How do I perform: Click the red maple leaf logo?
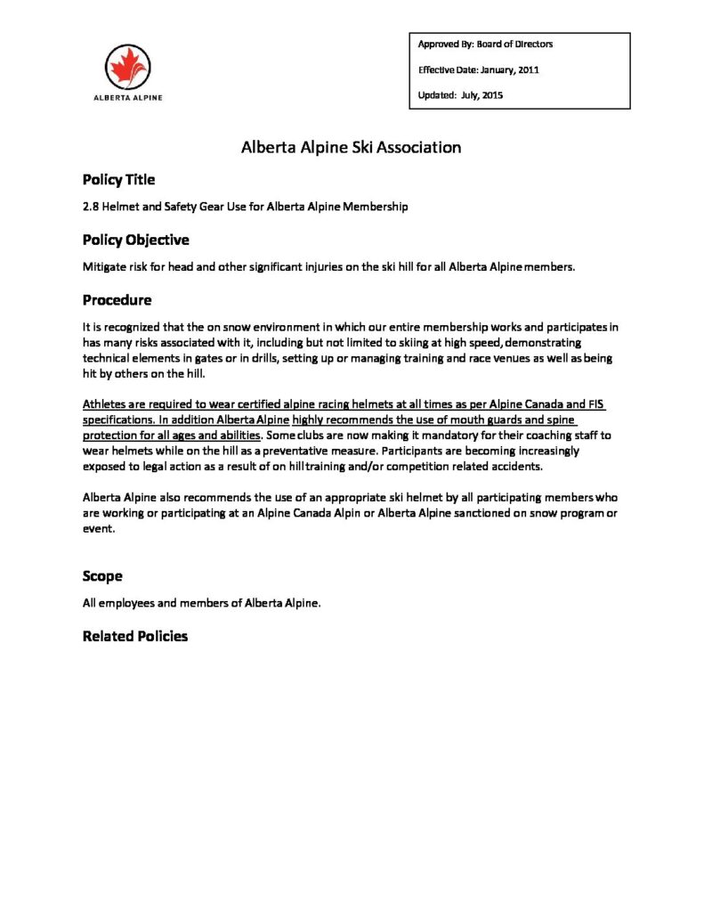(x=128, y=66)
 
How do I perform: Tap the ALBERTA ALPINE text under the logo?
(x=128, y=98)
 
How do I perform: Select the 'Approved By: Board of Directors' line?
(x=485, y=44)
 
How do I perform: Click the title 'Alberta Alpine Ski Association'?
(x=352, y=147)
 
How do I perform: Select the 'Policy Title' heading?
(x=118, y=179)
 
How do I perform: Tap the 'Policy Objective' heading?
(x=135, y=240)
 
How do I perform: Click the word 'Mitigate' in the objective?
(x=103, y=267)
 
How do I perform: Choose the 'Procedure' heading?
(x=117, y=299)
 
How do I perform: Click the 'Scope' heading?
(x=102, y=575)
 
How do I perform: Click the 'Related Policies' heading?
(x=135, y=636)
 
